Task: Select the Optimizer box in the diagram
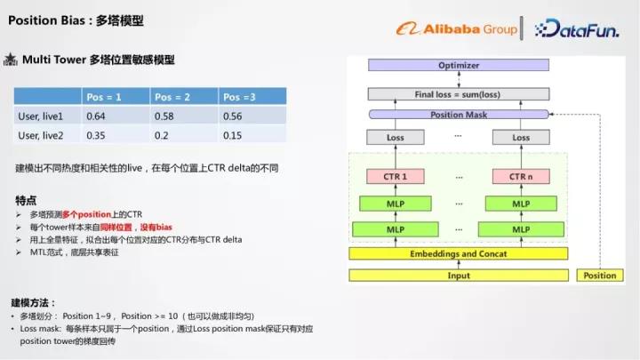click(459, 66)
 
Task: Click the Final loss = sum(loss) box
click(459, 94)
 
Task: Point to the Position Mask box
click(459, 115)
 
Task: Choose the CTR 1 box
click(395, 176)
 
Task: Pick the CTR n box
click(521, 176)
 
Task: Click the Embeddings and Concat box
click(459, 254)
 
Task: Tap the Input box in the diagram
click(459, 276)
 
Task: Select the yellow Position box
click(599, 276)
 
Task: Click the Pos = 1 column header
click(102, 96)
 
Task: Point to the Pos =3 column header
click(239, 96)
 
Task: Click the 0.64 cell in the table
click(96, 116)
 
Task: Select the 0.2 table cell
click(160, 135)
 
